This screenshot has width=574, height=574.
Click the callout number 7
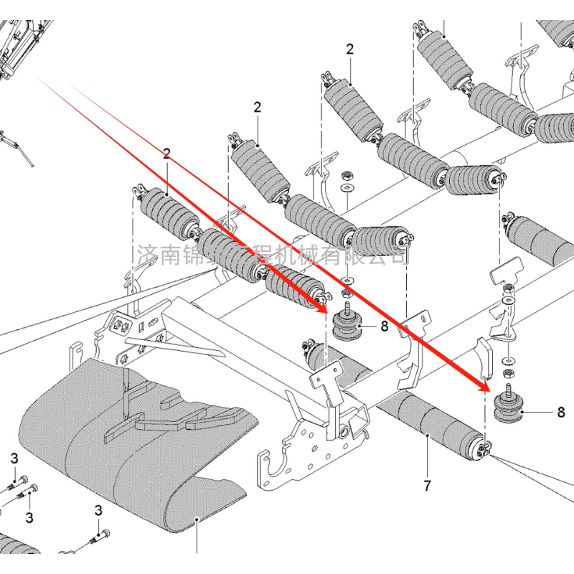click(x=427, y=486)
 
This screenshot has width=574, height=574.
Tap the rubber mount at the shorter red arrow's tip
click(x=347, y=329)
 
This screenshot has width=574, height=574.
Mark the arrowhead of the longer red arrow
click(x=486, y=387)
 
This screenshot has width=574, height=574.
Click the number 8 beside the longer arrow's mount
click(x=560, y=413)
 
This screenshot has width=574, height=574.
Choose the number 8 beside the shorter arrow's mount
click(x=384, y=327)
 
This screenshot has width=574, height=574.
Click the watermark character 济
click(x=146, y=255)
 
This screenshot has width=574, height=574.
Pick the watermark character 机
click(x=286, y=255)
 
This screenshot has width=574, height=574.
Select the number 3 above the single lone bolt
click(x=98, y=510)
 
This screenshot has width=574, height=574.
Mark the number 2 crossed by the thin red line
click(x=166, y=154)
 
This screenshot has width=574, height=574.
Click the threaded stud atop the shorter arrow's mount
click(x=349, y=309)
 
